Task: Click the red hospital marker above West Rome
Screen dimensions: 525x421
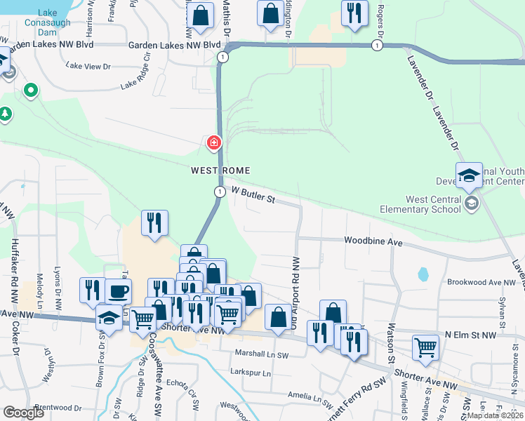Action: (213, 144)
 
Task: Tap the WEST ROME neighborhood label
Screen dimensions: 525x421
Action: (220, 171)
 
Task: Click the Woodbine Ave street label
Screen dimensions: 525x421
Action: (373, 241)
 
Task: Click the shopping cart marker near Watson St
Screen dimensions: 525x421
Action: (425, 347)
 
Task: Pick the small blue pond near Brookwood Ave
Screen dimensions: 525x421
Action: (423, 274)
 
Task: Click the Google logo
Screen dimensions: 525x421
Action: (23, 412)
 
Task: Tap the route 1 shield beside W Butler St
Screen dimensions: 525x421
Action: (220, 192)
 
